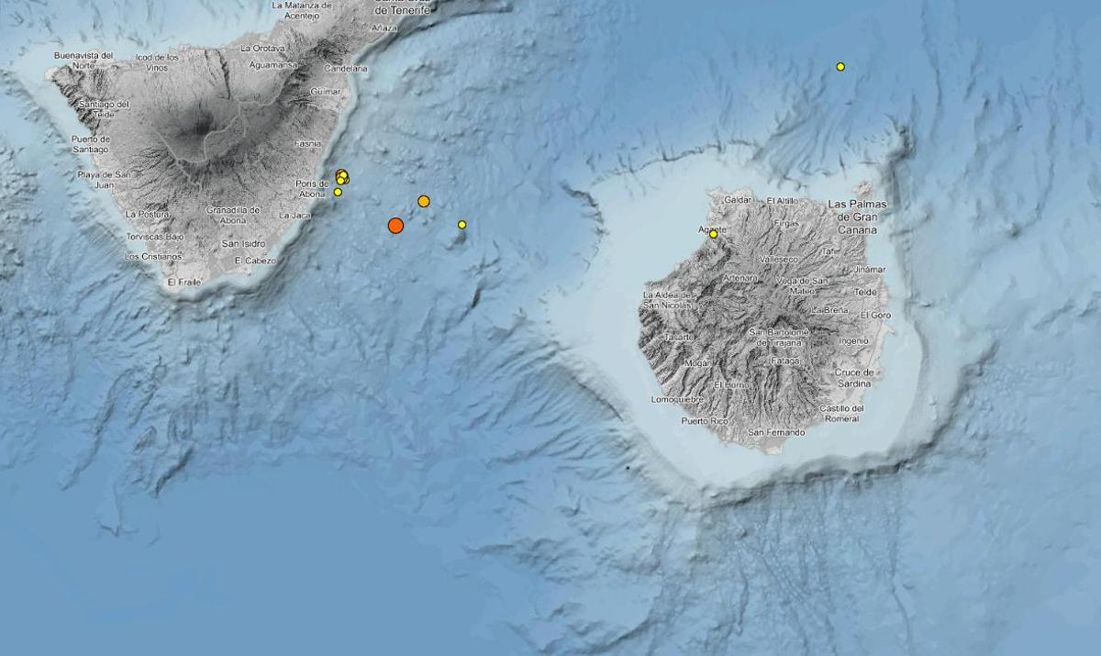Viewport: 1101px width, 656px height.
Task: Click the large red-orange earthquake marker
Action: tap(395, 225)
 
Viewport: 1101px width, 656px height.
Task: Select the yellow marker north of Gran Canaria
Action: tap(840, 66)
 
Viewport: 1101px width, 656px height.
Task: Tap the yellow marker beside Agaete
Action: tap(713, 234)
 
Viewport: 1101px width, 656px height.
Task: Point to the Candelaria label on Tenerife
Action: tap(347, 69)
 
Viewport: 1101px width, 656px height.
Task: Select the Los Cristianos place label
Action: tap(153, 257)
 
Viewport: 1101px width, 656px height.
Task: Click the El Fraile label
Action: tap(183, 283)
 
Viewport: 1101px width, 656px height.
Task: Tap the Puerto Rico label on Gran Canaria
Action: tap(704, 421)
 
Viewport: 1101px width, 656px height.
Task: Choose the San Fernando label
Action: tap(776, 432)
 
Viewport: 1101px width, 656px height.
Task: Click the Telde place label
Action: tap(865, 292)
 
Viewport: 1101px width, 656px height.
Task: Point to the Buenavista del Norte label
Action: tap(83, 61)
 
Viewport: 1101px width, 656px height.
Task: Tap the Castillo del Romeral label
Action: tap(841, 414)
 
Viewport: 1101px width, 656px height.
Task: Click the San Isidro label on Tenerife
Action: tap(243, 243)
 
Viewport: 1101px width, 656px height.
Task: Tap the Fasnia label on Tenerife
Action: tap(307, 144)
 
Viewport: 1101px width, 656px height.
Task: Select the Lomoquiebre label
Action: tap(676, 400)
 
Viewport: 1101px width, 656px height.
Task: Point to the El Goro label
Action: tap(876, 316)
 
